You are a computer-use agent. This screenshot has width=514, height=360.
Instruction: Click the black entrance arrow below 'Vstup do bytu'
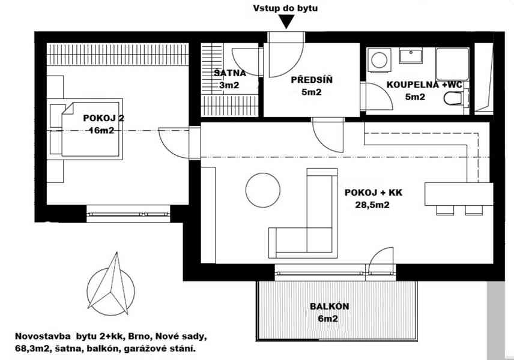(x=286, y=22)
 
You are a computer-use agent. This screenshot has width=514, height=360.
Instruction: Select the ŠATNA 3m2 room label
(x=229, y=79)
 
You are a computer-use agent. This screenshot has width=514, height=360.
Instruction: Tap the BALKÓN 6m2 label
(x=328, y=313)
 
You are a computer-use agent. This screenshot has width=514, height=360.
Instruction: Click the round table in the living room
(x=262, y=190)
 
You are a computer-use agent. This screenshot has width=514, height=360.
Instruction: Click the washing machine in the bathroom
(x=379, y=60)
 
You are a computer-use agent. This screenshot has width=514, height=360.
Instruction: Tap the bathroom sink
(x=412, y=56)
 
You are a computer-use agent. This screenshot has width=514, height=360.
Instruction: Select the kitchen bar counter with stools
(x=458, y=195)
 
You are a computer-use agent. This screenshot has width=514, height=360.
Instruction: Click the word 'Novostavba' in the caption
(x=40, y=335)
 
